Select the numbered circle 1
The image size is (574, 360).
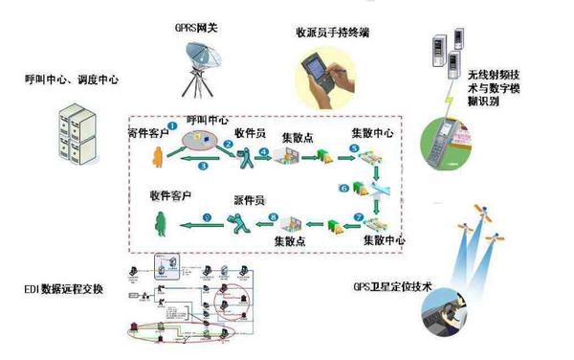(x=172, y=124)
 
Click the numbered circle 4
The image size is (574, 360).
(x=263, y=151)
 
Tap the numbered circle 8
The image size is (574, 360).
(x=273, y=217)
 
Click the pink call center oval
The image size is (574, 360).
(x=203, y=142)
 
